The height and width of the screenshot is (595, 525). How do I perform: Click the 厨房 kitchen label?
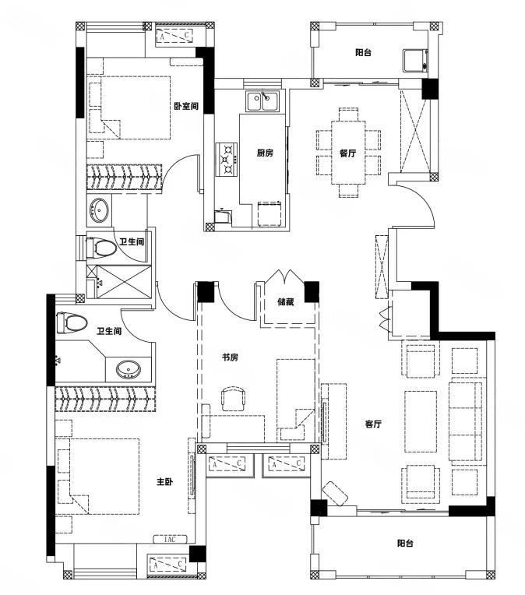pos(265,153)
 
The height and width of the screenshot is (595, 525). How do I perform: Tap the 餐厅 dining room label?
pos(347,153)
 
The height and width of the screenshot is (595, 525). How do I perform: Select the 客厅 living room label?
pos(373,424)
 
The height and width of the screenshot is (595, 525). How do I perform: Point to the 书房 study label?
pos(230,357)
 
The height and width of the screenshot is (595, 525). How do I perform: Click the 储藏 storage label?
pos(285,302)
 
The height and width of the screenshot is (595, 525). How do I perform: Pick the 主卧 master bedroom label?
pos(165,482)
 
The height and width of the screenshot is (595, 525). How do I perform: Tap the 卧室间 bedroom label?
pos(186,106)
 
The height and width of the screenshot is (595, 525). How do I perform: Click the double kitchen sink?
pos(262,101)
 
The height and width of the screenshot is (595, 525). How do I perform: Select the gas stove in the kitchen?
pos(227,160)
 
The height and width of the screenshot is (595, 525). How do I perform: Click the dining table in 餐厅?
pos(348,152)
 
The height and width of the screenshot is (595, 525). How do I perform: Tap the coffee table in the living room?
pos(420,421)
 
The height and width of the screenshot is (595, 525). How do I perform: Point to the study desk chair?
pos(233,399)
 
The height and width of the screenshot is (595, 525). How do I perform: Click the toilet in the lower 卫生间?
pos(72,323)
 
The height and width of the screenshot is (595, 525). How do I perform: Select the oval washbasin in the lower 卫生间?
pos(128,369)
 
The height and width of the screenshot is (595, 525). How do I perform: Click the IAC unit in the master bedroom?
pos(170,539)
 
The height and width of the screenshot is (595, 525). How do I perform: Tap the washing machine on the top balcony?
pos(415,61)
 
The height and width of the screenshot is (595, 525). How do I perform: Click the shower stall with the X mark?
pos(124,281)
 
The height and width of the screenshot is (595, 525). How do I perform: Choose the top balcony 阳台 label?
pos(363,52)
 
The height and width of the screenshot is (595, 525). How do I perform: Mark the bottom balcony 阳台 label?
pos(405,543)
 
